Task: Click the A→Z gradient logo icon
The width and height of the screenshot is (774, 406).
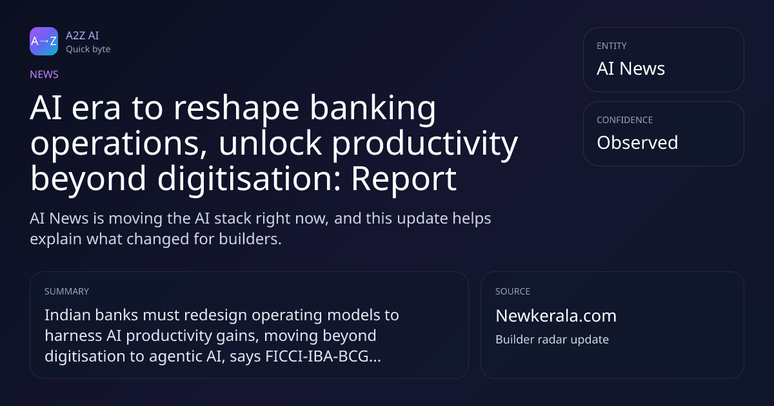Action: [44, 41]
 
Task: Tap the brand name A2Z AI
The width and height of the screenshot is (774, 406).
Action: [83, 35]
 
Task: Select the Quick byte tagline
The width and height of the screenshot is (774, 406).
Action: [88, 50]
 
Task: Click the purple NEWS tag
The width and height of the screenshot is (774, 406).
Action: [45, 75]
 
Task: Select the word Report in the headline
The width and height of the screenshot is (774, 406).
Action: [404, 180]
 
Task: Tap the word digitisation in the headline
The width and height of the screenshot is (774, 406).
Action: [250, 180]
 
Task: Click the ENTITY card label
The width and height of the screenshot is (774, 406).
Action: [611, 46]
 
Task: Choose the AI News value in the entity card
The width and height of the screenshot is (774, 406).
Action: [631, 68]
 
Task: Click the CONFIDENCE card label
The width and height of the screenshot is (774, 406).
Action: [625, 120]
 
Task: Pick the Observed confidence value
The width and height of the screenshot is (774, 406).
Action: [637, 142]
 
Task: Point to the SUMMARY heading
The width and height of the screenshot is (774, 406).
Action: [66, 291]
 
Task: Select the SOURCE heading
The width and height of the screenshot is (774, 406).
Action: [513, 291]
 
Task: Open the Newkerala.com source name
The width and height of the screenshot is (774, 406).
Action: [556, 316]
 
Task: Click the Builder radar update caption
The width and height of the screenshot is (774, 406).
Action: [552, 340]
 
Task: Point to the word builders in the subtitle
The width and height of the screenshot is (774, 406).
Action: [250, 239]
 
